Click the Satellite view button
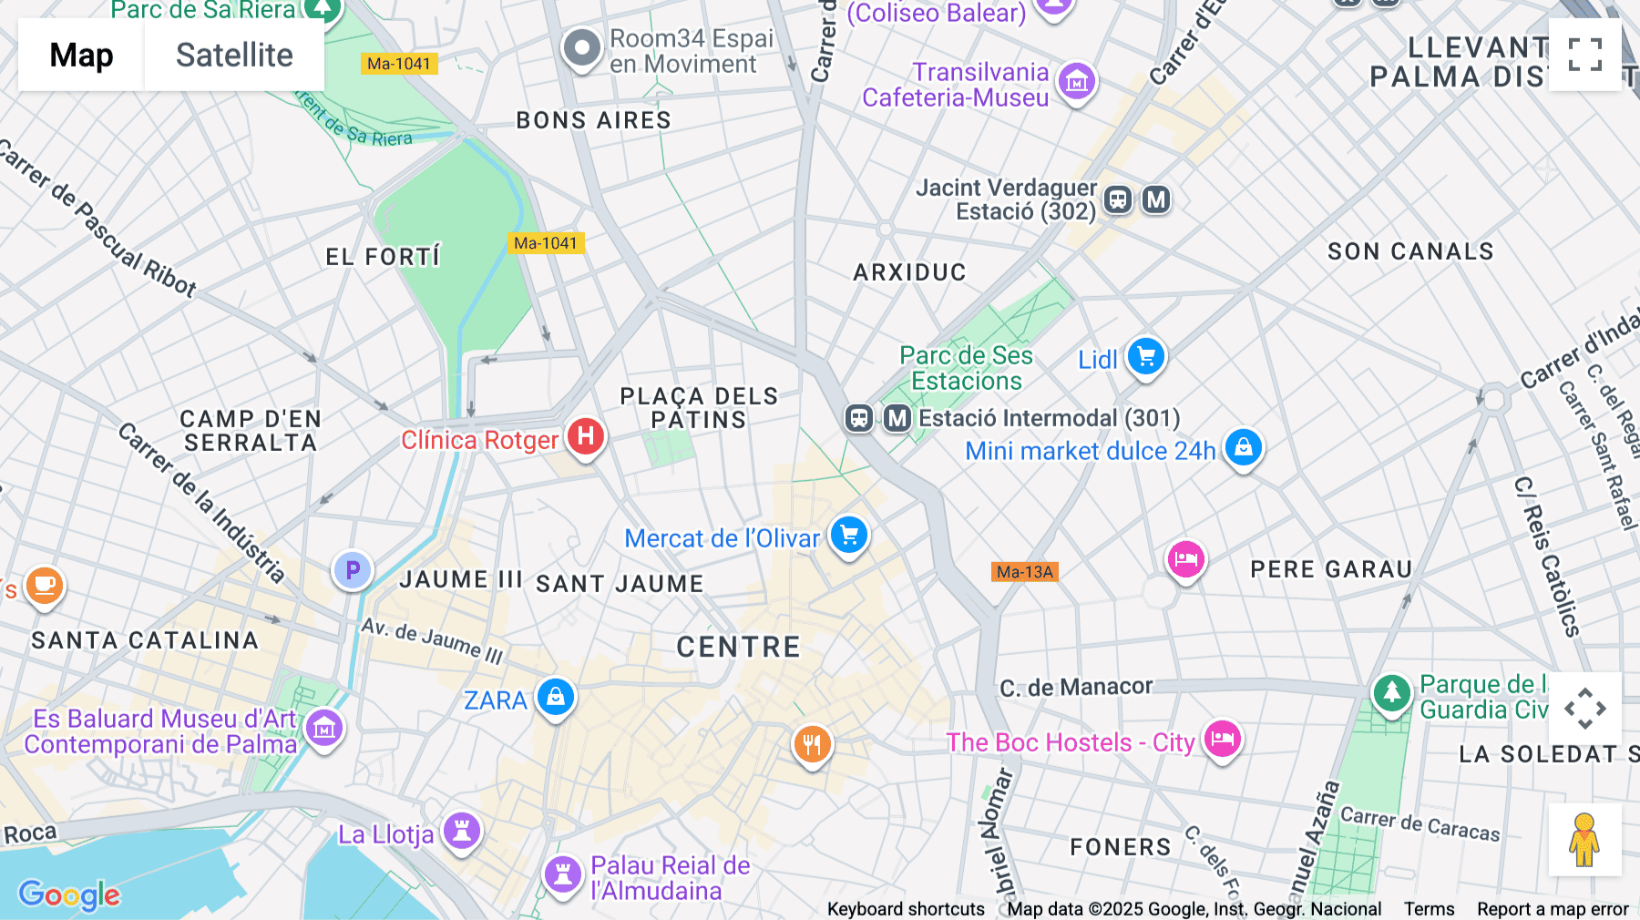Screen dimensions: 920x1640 click(x=234, y=55)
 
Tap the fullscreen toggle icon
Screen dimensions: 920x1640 click(x=1584, y=55)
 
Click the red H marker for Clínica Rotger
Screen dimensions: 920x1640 click(x=586, y=436)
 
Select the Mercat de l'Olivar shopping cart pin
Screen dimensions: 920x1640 click(x=849, y=536)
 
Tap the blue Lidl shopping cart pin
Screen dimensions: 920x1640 click(x=1146, y=356)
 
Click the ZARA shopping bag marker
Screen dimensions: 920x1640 click(x=556, y=698)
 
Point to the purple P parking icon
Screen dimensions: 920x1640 click(x=353, y=571)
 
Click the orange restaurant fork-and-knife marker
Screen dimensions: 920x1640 click(x=812, y=744)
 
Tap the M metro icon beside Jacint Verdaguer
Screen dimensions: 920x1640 click(x=1156, y=199)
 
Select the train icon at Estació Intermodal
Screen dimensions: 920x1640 click(x=859, y=418)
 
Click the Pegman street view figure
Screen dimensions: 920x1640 click(x=1584, y=839)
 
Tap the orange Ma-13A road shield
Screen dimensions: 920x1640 click(x=1025, y=572)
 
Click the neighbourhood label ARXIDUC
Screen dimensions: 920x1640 click(x=909, y=272)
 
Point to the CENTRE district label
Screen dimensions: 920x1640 click(x=738, y=647)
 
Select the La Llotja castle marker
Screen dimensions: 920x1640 click(x=462, y=830)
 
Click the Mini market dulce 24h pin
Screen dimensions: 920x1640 click(x=1244, y=447)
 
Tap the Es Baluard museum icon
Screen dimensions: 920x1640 click(x=324, y=728)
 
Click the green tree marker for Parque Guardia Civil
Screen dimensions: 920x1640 click(x=1391, y=693)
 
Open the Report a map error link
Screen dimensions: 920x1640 click(x=1553, y=909)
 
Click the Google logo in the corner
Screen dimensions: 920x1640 click(x=69, y=894)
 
